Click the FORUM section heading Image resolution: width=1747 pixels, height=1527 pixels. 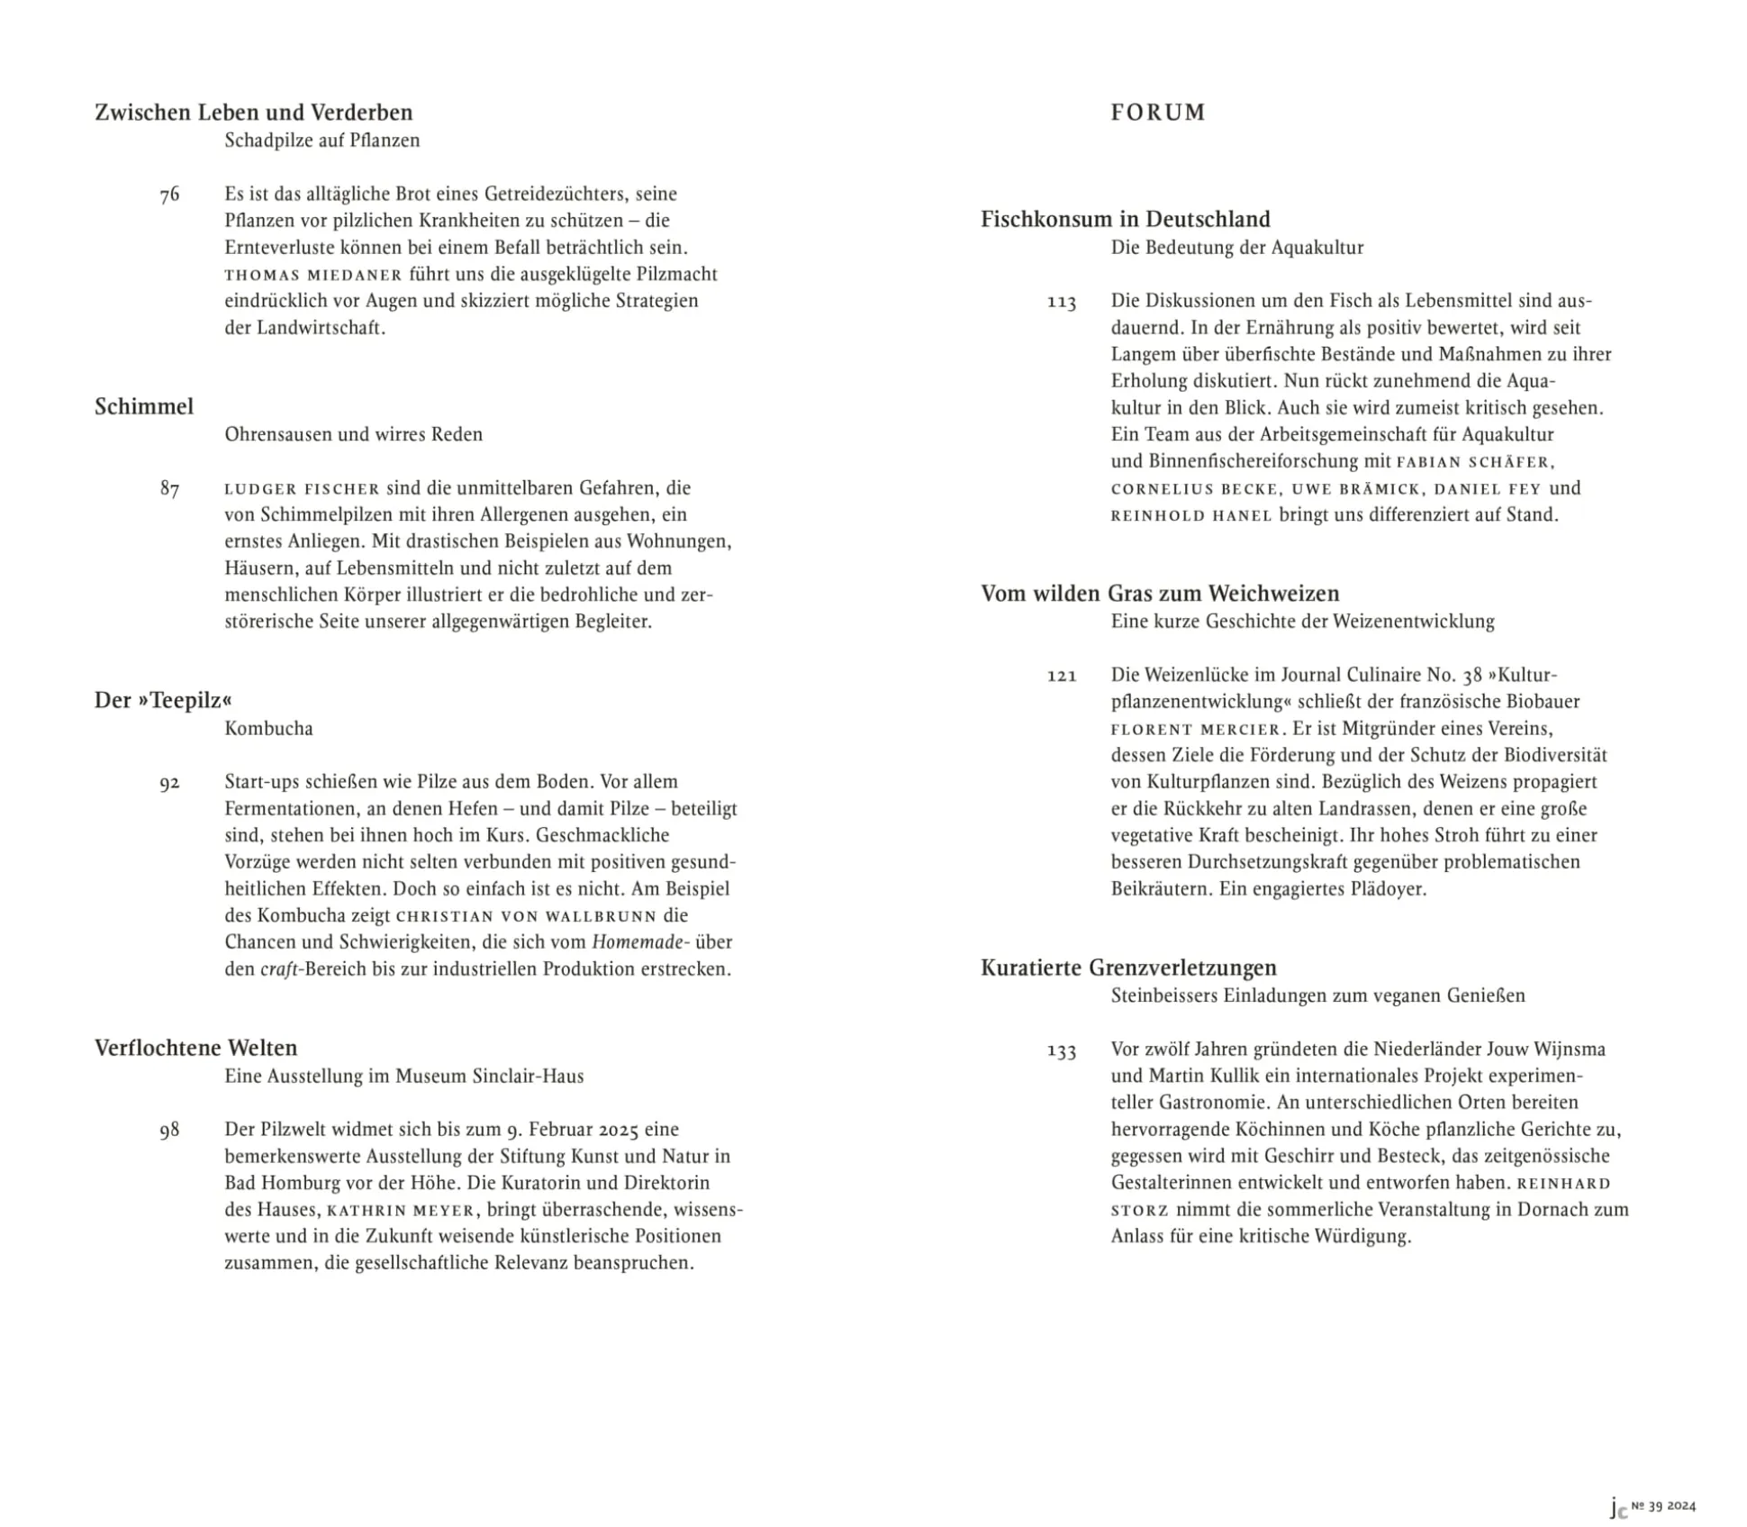pyautogui.click(x=1157, y=113)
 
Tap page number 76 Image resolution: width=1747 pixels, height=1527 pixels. pyautogui.click(x=169, y=195)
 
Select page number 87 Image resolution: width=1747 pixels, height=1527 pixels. pyautogui.click(x=169, y=489)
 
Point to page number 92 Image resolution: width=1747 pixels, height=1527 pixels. pyautogui.click(x=169, y=783)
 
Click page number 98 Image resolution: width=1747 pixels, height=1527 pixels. pyautogui.click(x=169, y=1131)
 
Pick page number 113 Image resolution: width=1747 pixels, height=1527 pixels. pyautogui.click(x=1062, y=302)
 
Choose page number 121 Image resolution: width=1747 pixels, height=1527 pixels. pyautogui.click(x=1062, y=676)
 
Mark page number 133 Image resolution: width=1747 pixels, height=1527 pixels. pyautogui.click(x=1062, y=1050)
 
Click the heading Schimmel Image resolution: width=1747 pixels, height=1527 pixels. pyautogui.click(x=144, y=406)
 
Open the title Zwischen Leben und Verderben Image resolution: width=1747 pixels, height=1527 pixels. pyautogui.click(x=253, y=113)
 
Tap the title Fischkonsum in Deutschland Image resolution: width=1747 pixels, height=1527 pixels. pyautogui.click(x=1125, y=219)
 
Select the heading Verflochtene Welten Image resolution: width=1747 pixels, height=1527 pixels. pyautogui.click(x=195, y=1048)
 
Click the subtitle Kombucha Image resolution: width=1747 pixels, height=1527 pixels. pyautogui.click(x=268, y=728)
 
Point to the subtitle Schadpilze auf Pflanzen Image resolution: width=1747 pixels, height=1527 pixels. pyautogui.click(x=321, y=141)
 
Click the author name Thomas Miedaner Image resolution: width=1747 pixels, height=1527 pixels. pyautogui.click(x=312, y=275)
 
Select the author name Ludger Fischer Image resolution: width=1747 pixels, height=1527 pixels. pyautogui.click(x=302, y=489)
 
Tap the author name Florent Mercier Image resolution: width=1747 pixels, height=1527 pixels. pyautogui.click(x=1195, y=729)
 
